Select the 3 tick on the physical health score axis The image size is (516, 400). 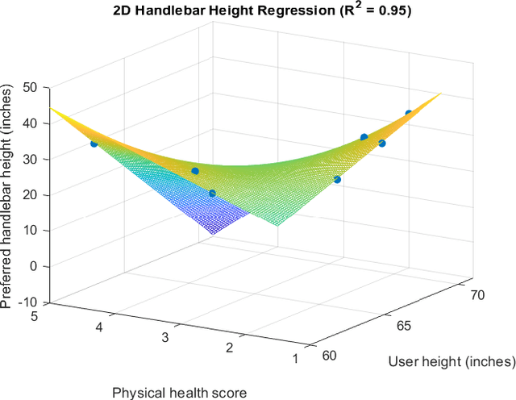pos(164,336)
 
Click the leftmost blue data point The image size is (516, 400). pos(94,144)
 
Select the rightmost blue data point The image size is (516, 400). pos(409,114)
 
